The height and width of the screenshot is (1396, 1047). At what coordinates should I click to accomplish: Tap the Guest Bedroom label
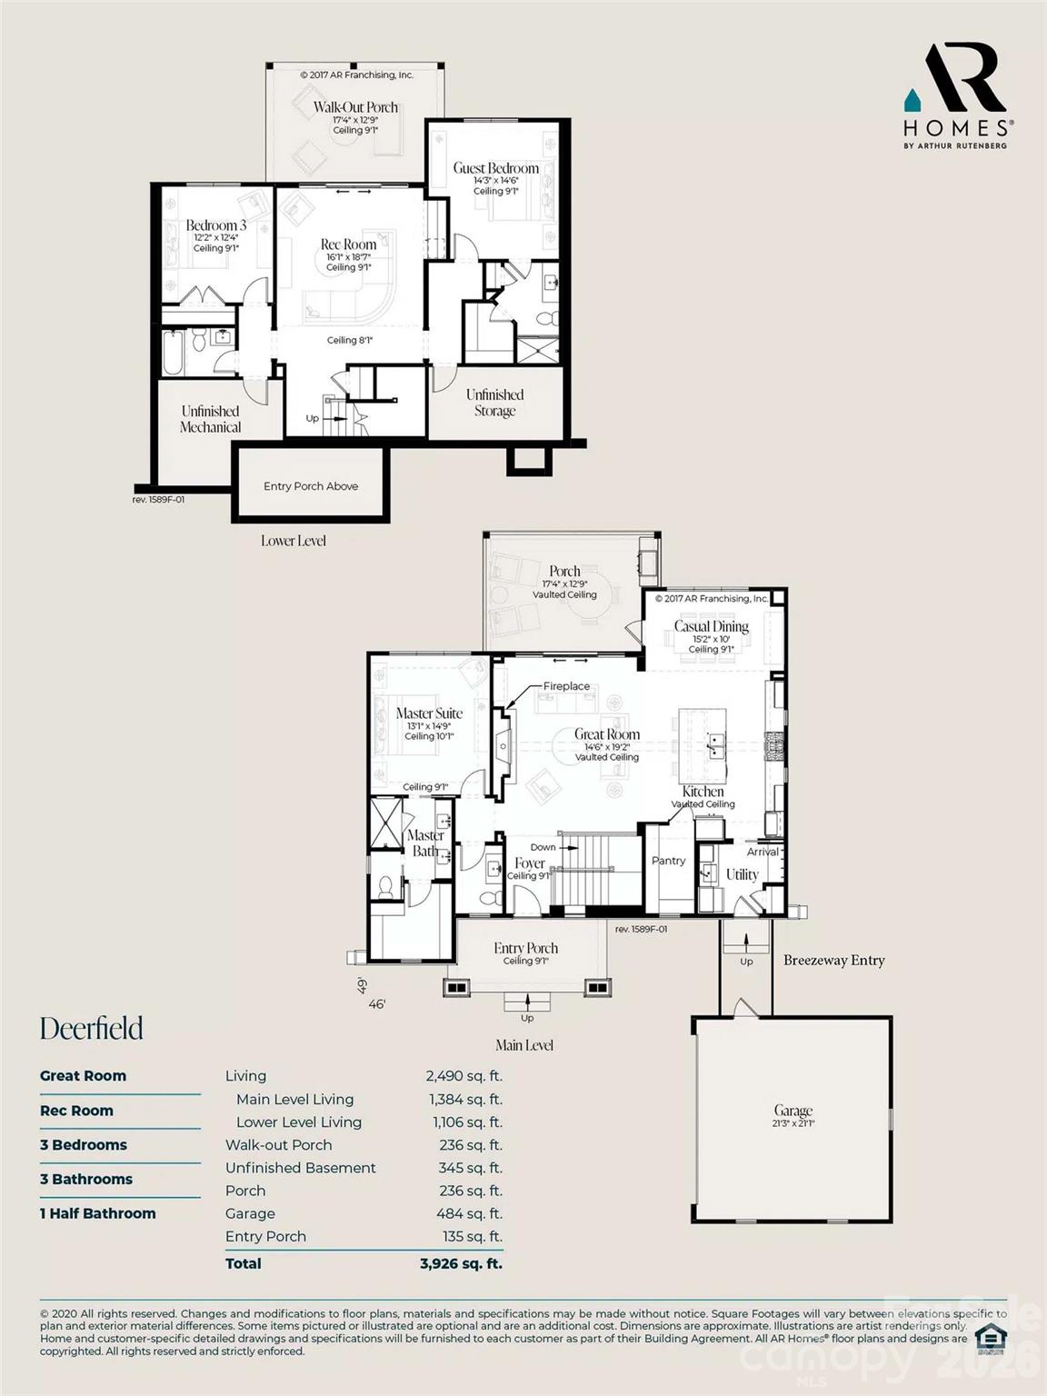pos(495,168)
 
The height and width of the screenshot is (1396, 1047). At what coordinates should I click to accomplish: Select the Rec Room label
pos(348,244)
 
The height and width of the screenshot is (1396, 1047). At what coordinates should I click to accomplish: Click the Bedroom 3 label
pos(215,225)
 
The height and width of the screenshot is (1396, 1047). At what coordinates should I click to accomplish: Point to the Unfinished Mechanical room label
pos(210,419)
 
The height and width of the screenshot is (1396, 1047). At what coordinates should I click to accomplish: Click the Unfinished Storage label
pos(494,403)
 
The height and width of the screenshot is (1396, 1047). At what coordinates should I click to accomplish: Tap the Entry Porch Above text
pos(311,486)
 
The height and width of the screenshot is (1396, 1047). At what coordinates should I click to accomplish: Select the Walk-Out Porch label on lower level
pos(355,107)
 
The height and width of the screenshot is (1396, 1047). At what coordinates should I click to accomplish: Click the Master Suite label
pos(429,713)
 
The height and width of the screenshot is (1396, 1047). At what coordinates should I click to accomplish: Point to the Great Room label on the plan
pos(606,734)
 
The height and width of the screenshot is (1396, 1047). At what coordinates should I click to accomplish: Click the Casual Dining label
pos(711,626)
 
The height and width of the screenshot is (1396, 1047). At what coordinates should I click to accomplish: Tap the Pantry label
pos(668,861)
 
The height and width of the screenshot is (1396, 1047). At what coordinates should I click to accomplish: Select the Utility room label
pos(742,874)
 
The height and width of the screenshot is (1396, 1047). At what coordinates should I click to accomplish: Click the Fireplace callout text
pos(566,686)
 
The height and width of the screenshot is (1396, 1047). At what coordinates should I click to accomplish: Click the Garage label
pos(793,1111)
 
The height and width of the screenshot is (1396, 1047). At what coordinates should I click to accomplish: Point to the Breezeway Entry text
pos(833,960)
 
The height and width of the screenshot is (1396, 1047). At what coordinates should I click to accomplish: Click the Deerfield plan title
pos(92,1028)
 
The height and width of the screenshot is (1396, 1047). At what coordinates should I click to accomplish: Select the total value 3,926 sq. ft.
pos(461,1263)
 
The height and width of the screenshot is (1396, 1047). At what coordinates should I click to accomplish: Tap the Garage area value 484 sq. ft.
pos(469,1213)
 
